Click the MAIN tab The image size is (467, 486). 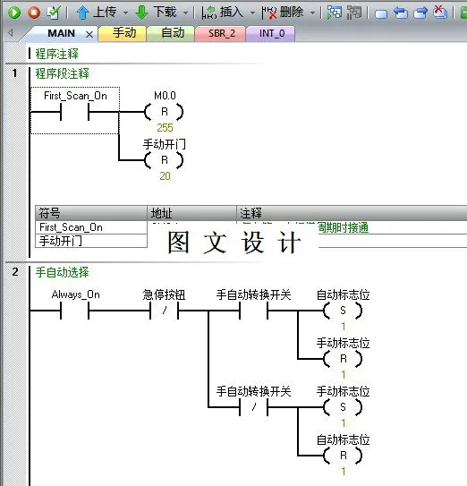(61, 33)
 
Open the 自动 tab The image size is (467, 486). (172, 33)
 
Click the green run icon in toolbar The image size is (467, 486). (14, 12)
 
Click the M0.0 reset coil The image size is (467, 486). (165, 112)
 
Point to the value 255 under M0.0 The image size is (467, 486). (165, 127)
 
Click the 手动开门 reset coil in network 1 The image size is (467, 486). (165, 160)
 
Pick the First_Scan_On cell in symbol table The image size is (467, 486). (71, 227)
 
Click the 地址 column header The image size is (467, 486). (162, 213)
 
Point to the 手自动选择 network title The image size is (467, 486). (62, 272)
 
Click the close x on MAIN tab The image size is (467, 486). (89, 34)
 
